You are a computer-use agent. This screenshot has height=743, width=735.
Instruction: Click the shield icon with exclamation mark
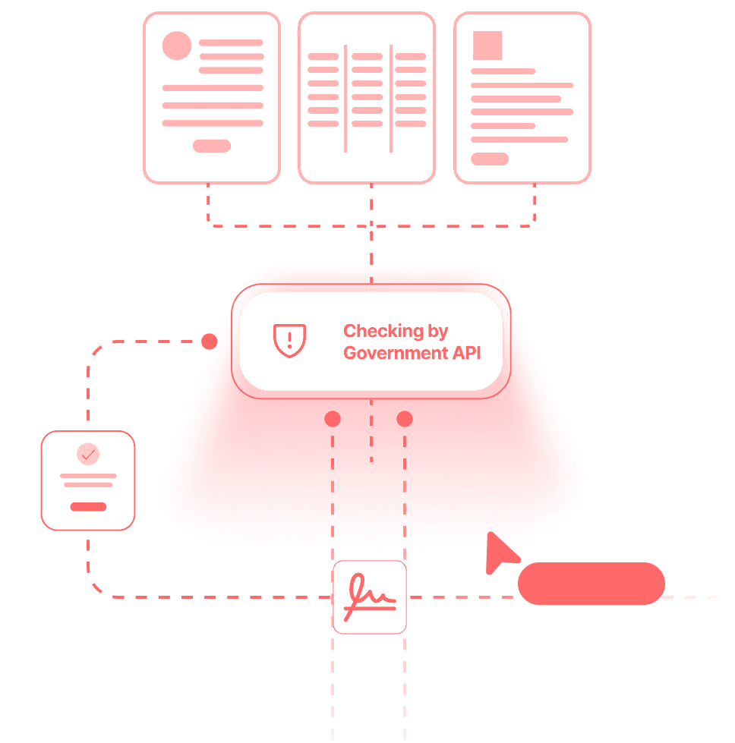point(289,341)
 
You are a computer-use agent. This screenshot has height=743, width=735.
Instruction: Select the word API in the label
point(465,353)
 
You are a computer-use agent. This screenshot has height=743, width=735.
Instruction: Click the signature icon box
point(370,597)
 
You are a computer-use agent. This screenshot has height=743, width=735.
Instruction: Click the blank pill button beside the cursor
point(591,584)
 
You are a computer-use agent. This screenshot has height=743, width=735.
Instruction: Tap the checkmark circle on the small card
point(88,455)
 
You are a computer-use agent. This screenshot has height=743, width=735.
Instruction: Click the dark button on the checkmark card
point(88,507)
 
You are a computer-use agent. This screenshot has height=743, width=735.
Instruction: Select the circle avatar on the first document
point(177,46)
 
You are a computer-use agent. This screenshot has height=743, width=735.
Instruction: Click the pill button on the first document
point(212,146)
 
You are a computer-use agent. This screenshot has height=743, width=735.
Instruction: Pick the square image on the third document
point(487,46)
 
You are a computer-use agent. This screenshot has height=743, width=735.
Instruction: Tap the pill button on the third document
point(490,159)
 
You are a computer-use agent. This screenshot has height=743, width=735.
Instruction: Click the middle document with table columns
point(367,98)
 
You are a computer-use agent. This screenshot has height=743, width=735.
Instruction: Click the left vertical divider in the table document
point(345,98)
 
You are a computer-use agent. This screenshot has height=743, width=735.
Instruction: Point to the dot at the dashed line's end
point(210,342)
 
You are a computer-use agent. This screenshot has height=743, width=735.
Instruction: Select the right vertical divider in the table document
point(390,98)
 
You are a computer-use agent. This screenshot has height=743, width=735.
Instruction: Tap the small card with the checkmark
point(88,480)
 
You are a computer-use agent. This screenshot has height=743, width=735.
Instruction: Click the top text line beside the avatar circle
point(231,43)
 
